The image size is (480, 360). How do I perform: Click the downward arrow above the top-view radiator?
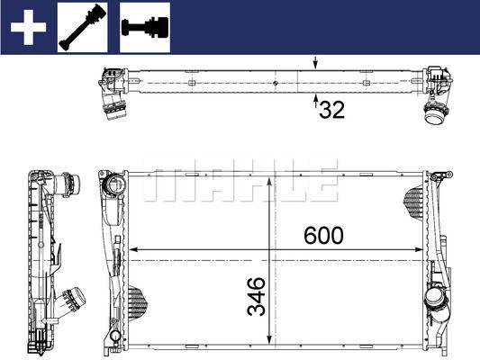tap(315, 63)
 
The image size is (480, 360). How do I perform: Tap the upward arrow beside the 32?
tap(315, 103)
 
